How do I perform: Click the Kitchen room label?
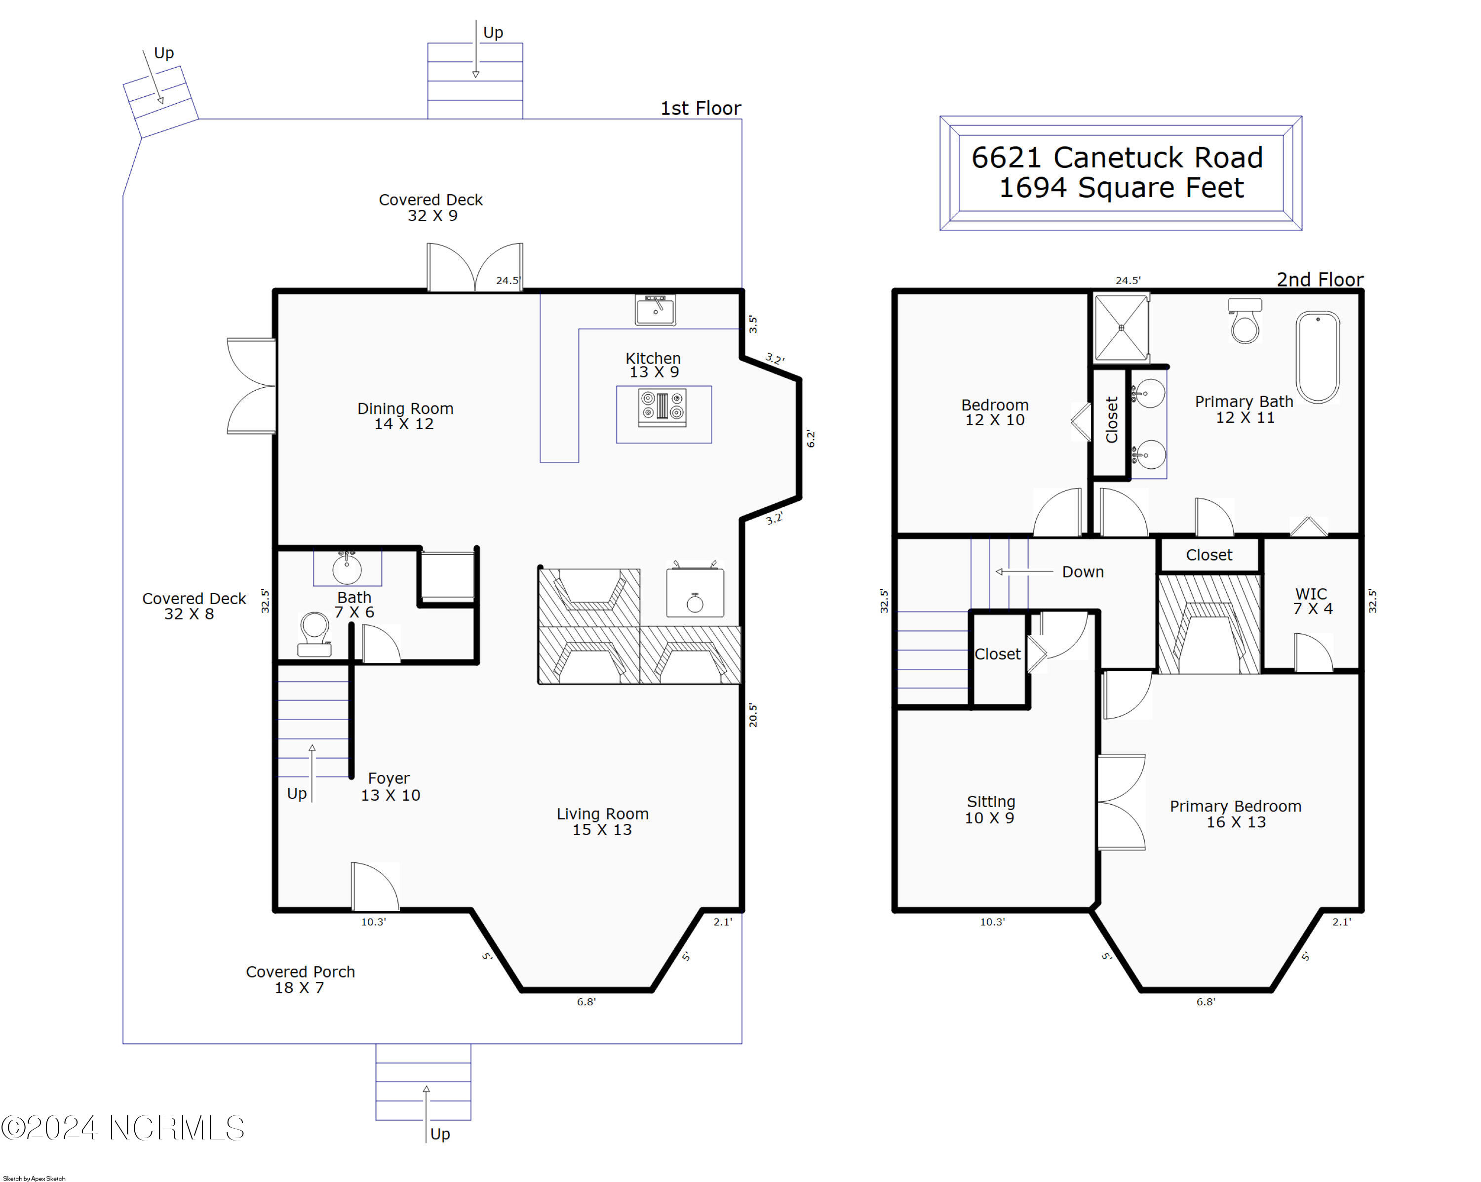[653, 365]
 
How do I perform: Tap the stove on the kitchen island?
[662, 407]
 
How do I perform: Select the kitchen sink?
[655, 310]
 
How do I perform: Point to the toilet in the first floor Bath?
[314, 634]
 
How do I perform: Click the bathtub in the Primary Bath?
[1318, 357]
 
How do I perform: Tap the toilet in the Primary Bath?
[1245, 320]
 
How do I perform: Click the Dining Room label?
[405, 416]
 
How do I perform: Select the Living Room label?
[602, 821]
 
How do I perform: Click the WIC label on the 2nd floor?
[1312, 601]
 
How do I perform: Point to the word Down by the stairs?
[1083, 572]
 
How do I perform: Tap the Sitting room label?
[990, 810]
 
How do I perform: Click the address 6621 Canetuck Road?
[1117, 158]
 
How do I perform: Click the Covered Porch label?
[300, 979]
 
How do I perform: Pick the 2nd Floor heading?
[1320, 279]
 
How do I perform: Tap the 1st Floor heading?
[701, 108]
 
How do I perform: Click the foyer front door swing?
[375, 887]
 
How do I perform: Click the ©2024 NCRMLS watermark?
[122, 1128]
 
